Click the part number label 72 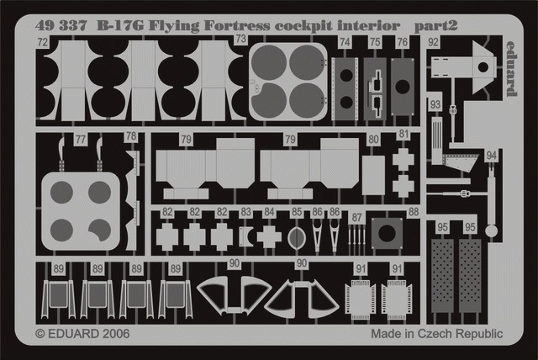click(43, 42)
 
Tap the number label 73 click(241, 39)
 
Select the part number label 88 click(414, 212)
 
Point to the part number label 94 click(491, 156)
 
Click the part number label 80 click(373, 140)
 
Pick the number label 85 click(297, 212)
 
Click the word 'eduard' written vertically click(511, 69)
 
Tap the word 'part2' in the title click(435, 26)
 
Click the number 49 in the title click(43, 25)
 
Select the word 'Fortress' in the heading click(236, 25)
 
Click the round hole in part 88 click(387, 233)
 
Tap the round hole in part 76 click(402, 87)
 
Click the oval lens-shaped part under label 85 click(297, 238)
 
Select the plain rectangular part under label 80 click(373, 175)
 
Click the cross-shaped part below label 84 click(269, 237)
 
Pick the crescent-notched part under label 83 click(245, 237)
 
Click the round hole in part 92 click(483, 67)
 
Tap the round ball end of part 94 click(491, 231)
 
